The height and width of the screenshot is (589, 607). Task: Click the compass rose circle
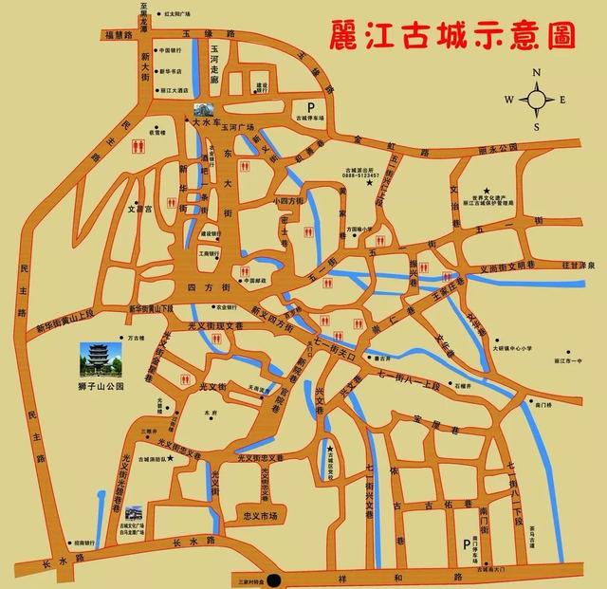tap(537, 97)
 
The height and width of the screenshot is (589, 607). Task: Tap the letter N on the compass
tap(537, 72)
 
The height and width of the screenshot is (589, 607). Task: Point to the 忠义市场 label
tap(259, 516)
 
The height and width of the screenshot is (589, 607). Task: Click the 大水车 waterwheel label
tap(206, 122)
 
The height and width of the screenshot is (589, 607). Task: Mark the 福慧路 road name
tap(124, 33)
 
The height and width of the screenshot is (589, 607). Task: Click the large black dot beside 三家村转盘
tap(275, 580)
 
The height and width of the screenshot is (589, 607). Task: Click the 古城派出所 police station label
tap(361, 170)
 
